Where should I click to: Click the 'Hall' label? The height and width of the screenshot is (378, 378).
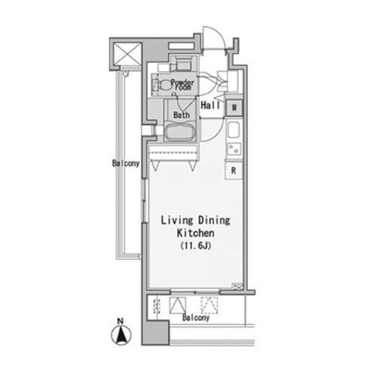210,105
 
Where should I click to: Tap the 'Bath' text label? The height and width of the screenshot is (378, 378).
181,115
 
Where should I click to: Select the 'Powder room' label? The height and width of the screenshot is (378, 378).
182,85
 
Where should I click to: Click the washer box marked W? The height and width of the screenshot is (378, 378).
234,108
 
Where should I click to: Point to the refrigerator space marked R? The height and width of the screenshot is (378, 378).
234,171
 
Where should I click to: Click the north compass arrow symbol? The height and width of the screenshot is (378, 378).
122,336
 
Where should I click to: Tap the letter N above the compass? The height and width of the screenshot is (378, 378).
120,321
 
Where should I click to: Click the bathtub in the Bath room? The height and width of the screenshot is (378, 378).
180,132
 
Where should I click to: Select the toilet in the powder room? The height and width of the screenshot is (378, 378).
164,85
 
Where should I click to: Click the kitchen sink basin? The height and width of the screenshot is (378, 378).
234,130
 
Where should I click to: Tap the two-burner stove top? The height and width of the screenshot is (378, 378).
234,149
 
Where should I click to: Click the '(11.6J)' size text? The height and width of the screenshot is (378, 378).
196,246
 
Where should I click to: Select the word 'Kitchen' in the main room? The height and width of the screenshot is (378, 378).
196,233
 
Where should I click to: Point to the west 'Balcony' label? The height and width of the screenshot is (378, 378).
125,163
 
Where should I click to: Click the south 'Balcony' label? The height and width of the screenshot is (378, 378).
196,318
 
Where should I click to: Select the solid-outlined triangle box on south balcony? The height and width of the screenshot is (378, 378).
178,305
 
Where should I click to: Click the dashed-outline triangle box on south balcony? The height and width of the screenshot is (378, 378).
209,305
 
